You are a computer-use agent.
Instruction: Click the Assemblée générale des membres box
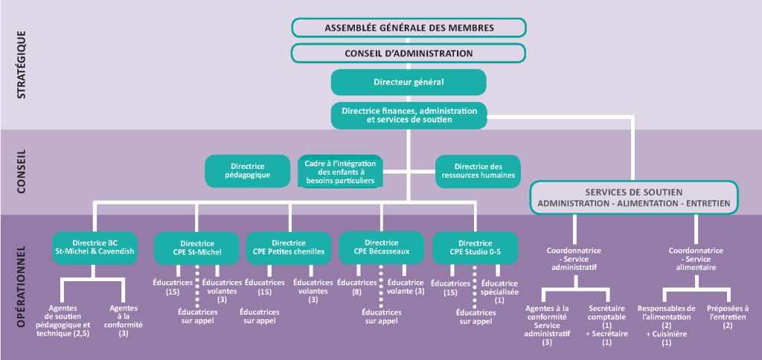pyautogui.click(x=409, y=28)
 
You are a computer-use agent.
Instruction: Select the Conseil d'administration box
pyautogui.click(x=409, y=54)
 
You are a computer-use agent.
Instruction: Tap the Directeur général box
pyautogui.click(x=409, y=82)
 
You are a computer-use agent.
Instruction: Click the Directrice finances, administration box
pyautogui.click(x=409, y=115)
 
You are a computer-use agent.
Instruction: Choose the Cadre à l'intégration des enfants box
pyautogui.click(x=339, y=171)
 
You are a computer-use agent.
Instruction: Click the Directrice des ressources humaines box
pyautogui.click(x=478, y=171)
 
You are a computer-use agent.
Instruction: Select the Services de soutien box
pyautogui.click(x=635, y=197)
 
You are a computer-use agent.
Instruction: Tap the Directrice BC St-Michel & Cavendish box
pyautogui.click(x=95, y=248)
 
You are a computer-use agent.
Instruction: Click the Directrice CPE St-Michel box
pyautogui.click(x=197, y=248)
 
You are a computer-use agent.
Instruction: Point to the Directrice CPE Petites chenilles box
pyautogui.click(x=289, y=248)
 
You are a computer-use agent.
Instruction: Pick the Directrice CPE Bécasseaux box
pyautogui.click(x=382, y=248)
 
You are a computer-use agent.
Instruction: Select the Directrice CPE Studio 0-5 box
pyautogui.click(x=475, y=248)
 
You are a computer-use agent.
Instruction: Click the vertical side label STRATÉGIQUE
pyautogui.click(x=22, y=65)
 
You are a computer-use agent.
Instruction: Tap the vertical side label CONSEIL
pyautogui.click(x=22, y=172)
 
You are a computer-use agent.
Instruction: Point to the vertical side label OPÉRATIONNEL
pyautogui.click(x=22, y=286)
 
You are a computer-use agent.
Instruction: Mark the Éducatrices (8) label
pyautogui.click(x=355, y=287)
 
